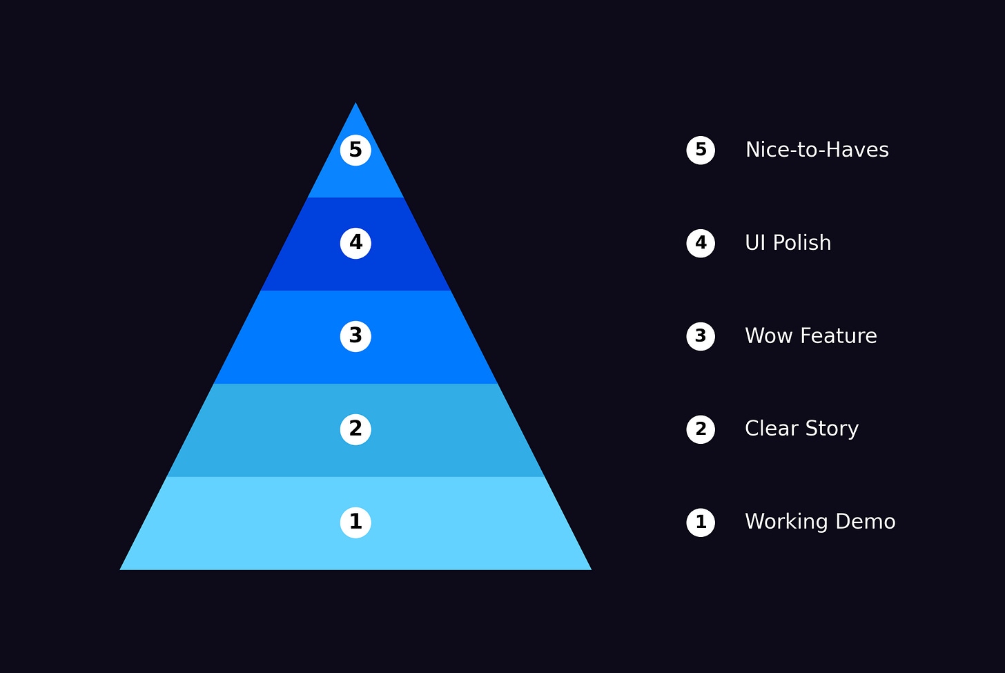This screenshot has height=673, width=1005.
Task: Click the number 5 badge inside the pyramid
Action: coord(355,150)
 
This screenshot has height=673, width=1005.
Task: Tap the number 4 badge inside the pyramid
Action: coord(355,243)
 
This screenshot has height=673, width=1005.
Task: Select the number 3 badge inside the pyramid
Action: coord(355,336)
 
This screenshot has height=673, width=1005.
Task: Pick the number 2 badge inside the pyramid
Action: coord(355,429)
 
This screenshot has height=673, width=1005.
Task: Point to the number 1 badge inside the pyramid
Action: coord(355,523)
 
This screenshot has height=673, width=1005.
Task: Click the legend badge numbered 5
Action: coord(701,150)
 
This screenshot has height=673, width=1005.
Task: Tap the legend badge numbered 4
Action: coord(701,243)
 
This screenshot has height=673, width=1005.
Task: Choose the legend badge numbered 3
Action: coord(701,336)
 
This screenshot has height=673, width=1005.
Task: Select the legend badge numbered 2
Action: coord(701,429)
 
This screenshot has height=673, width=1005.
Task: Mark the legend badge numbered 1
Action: coord(701,523)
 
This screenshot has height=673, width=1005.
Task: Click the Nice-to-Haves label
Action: coord(817,150)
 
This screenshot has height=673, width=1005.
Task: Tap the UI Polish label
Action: coord(788,243)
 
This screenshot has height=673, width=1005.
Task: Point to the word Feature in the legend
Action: coord(837,336)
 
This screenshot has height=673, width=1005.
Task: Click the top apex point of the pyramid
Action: coord(355,104)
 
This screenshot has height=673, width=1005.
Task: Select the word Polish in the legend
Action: coord(801,243)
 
